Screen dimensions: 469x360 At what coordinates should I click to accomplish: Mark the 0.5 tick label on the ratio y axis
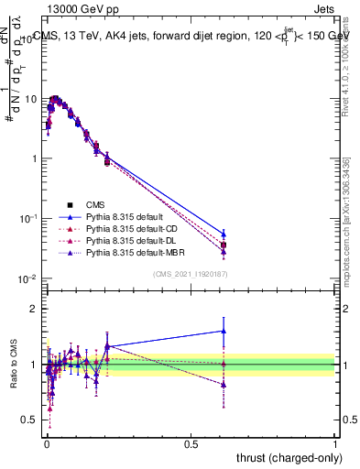tap(29, 420)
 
